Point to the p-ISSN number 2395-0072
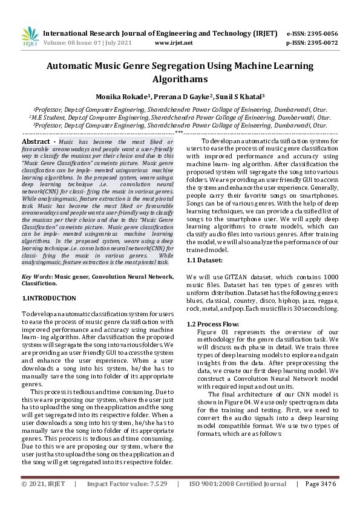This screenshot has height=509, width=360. click(x=321, y=43)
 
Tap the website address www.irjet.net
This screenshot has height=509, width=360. click(x=174, y=43)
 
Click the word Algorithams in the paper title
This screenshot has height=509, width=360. click(x=180, y=79)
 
